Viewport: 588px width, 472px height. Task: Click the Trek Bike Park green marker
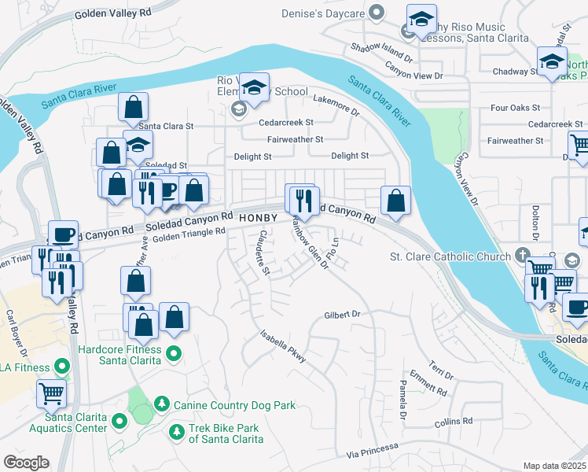(177, 430)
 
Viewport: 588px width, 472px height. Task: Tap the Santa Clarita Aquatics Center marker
(119, 422)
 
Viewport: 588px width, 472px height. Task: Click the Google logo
(26, 462)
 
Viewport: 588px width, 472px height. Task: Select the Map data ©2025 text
(554, 466)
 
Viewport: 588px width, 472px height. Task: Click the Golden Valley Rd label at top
(112, 14)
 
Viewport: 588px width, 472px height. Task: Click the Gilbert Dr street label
(342, 315)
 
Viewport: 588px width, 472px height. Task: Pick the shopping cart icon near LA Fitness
(51, 392)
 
